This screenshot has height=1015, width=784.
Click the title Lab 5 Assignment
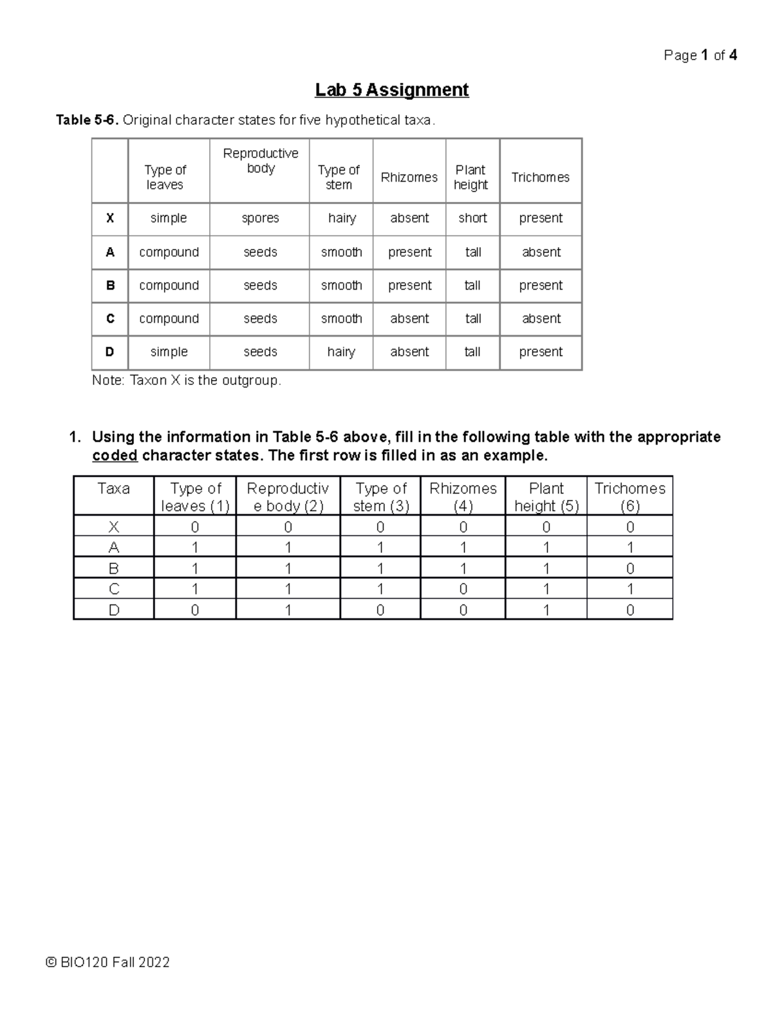[x=391, y=90]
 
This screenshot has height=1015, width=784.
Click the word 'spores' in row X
[x=260, y=218]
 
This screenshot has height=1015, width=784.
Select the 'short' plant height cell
[x=472, y=218]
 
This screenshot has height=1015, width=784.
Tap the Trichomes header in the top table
[x=540, y=177]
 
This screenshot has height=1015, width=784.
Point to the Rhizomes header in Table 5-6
[x=409, y=177]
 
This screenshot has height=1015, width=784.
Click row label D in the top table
[x=110, y=352]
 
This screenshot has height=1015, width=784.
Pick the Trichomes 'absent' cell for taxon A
[x=541, y=252]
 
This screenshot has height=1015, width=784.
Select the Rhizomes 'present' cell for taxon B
[x=410, y=286]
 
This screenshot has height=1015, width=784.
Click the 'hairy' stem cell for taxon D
[x=341, y=352]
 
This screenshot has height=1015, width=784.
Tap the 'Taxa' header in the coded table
[x=114, y=489]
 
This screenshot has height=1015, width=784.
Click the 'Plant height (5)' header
[x=546, y=497]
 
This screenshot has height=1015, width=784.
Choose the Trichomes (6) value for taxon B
[x=630, y=569]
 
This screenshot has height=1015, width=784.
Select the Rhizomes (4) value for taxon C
[x=463, y=590]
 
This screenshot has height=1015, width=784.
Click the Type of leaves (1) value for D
[x=195, y=610]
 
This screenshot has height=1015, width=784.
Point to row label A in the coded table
[x=114, y=548]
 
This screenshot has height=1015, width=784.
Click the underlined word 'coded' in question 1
[x=115, y=456]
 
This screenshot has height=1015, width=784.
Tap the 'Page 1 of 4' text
[x=700, y=56]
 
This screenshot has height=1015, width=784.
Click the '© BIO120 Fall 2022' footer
[x=108, y=962]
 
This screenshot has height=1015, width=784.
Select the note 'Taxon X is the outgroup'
[x=187, y=380]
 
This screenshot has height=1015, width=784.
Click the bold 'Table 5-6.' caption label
[x=88, y=120]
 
